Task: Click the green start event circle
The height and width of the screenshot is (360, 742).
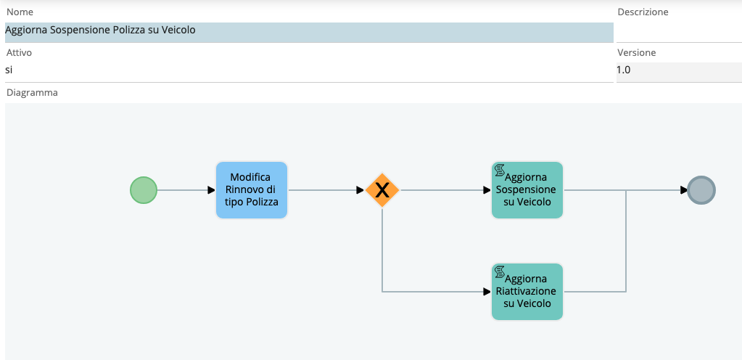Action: (x=144, y=190)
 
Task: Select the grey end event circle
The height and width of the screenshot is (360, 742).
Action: (x=701, y=190)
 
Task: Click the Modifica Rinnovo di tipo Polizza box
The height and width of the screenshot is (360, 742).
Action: (x=252, y=190)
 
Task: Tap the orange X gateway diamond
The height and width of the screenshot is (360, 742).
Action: (x=382, y=190)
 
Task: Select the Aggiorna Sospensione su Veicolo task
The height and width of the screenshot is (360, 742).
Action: (x=527, y=190)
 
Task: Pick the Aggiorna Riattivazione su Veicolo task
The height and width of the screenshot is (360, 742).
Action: (x=527, y=292)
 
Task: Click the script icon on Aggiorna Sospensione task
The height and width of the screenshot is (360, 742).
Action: (x=499, y=170)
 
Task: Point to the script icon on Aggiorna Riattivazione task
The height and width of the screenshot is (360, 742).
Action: (x=499, y=272)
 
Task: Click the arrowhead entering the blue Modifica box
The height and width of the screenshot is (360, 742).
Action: (x=212, y=190)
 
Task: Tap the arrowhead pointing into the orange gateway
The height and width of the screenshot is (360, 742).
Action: (x=360, y=190)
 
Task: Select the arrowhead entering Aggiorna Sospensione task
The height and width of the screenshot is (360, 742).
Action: (x=487, y=190)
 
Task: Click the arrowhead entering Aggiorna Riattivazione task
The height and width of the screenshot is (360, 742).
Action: (x=487, y=292)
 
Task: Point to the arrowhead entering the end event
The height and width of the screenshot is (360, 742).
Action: (x=684, y=190)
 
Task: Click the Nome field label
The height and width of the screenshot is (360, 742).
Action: (x=20, y=12)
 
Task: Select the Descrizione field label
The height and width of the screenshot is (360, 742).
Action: (x=643, y=12)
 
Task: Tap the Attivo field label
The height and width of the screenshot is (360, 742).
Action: (x=19, y=52)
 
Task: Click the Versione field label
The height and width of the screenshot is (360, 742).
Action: (x=637, y=52)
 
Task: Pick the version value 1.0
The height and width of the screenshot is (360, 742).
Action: (x=624, y=70)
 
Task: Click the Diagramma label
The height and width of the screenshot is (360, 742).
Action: (x=32, y=93)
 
